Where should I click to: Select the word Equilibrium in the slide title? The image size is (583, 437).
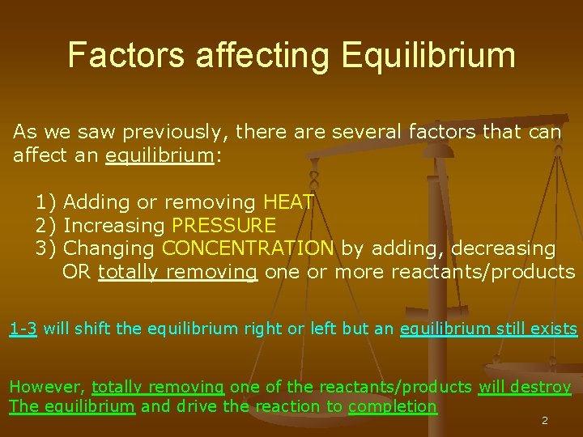click(x=428, y=55)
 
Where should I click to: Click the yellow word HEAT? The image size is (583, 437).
click(x=289, y=202)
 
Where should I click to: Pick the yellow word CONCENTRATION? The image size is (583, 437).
click(x=248, y=248)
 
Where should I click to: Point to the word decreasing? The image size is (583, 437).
click(x=504, y=248)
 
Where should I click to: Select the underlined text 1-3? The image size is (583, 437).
click(x=23, y=329)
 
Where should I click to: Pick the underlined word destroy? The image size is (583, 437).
click(x=546, y=388)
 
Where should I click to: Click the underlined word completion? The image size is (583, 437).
click(x=392, y=406)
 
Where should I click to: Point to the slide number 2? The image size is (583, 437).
click(x=544, y=422)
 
